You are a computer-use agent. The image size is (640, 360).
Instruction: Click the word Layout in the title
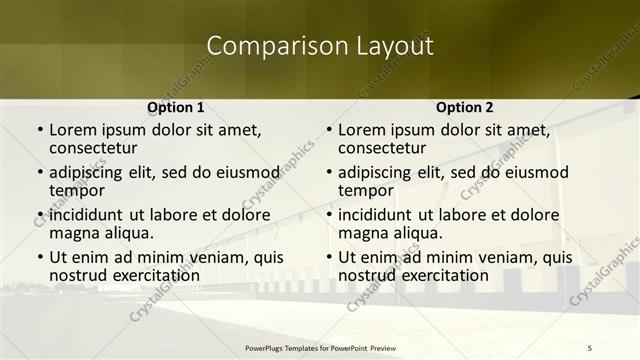pyautogui.click(x=390, y=45)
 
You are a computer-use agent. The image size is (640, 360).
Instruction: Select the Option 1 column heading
pyautogui.click(x=176, y=107)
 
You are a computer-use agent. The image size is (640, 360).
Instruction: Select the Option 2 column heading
pyautogui.click(x=465, y=107)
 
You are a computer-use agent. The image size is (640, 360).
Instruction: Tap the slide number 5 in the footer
pyautogui.click(x=589, y=346)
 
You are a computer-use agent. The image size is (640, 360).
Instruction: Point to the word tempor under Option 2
pyautogui.click(x=365, y=190)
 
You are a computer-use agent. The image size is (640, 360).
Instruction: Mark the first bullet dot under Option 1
pyautogui.click(x=39, y=130)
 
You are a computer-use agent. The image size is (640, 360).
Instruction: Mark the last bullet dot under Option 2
pyautogui.click(x=328, y=257)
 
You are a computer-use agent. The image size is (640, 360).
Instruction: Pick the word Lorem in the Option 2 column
pyautogui.click(x=362, y=129)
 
